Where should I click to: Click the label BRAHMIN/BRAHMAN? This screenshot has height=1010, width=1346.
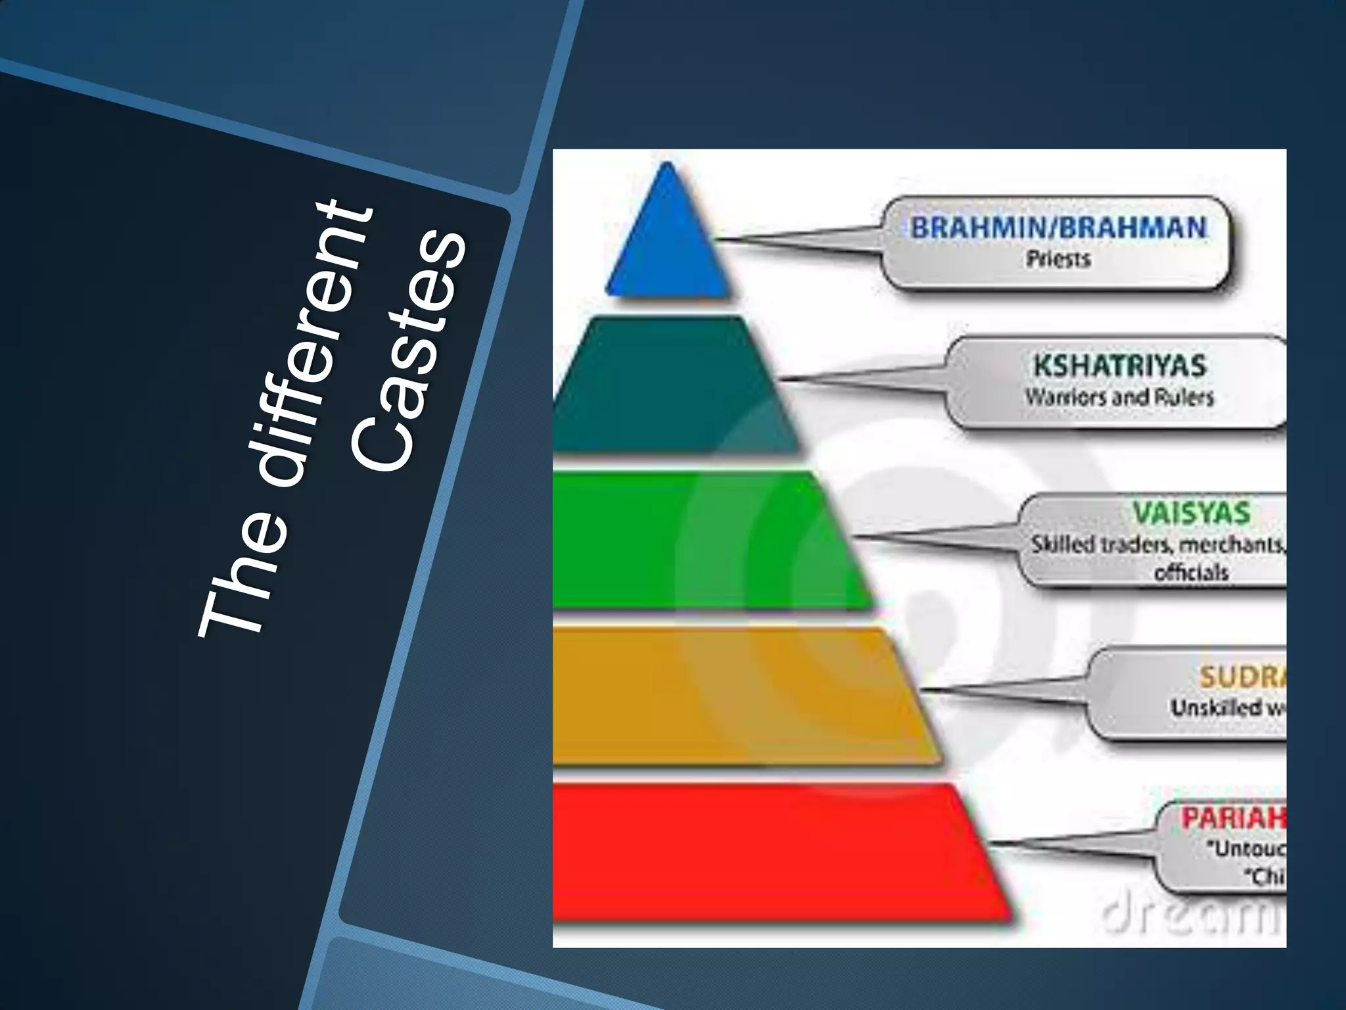(1058, 228)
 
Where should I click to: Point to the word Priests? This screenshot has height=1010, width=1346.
(1058, 259)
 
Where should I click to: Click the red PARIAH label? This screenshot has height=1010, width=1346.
(1233, 819)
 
